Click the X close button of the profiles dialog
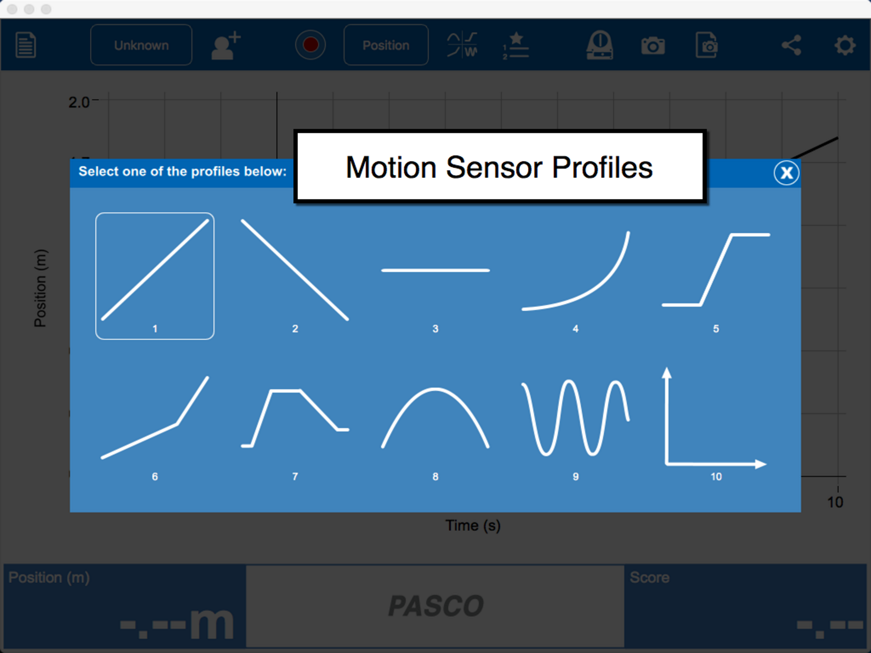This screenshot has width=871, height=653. [x=786, y=172]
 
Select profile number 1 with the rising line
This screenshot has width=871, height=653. [x=155, y=276]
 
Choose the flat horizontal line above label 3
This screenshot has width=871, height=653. [x=435, y=270]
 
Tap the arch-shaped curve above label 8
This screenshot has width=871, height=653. [x=435, y=389]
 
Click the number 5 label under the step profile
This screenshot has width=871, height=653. [x=716, y=328]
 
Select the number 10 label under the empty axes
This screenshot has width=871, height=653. [x=716, y=477]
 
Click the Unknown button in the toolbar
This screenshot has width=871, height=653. [x=141, y=45]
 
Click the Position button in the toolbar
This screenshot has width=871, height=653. [x=386, y=45]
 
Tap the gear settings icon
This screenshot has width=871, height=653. [x=845, y=45]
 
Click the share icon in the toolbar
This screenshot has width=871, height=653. [x=792, y=45]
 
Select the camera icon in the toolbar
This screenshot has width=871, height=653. [x=653, y=46]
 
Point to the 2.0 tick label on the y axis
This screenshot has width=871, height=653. [x=79, y=102]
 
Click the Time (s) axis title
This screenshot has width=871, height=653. [x=473, y=525]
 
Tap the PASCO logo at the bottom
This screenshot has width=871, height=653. [x=435, y=606]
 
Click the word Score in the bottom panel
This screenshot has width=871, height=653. [x=650, y=577]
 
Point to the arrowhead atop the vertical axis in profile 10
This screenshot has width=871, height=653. [x=666, y=373]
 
